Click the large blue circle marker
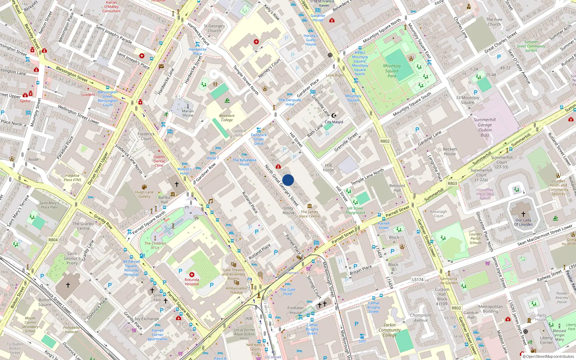pyautogui.click(x=288, y=180)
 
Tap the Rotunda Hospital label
pyautogui.click(x=192, y=282)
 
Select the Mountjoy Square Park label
pyautogui.click(x=392, y=71)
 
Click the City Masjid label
pyautogui.click(x=334, y=122)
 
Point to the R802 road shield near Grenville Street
pyautogui.click(x=385, y=141)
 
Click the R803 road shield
pyautogui.click(x=452, y=183)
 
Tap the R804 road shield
pyautogui.click(x=53, y=240)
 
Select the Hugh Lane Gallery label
pyautogui.click(x=144, y=194)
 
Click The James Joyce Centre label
pyautogui.click(x=309, y=214)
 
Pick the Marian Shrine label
pyautogui.click(x=188, y=113)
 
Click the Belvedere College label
pyautogui.click(x=227, y=118)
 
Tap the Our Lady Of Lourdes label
pyautogui.click(x=523, y=222)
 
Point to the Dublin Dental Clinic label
pyautogui.click(x=159, y=161)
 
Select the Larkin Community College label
pyautogui.click(x=390, y=330)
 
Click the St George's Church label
pyautogui.click(x=214, y=28)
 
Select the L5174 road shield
pyautogui.click(x=418, y=279)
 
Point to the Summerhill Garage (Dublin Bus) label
pyautogui.click(x=485, y=127)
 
